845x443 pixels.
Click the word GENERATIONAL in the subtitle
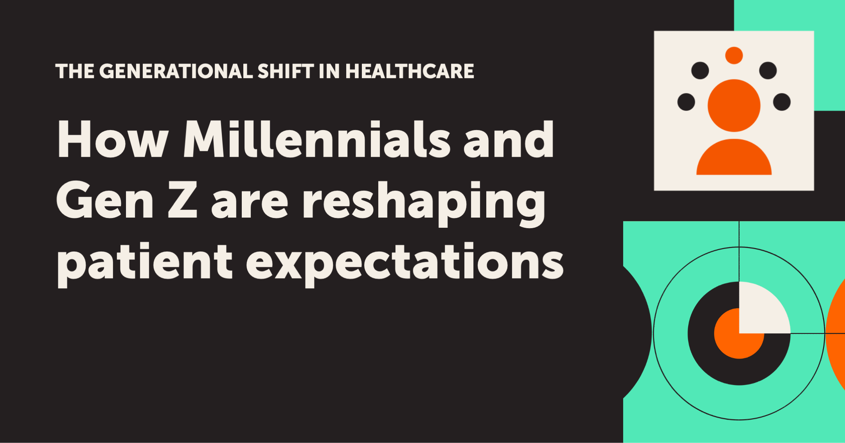pyautogui.click(x=176, y=71)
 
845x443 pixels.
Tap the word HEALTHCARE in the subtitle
pyautogui.click(x=410, y=71)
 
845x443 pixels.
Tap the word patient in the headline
pyautogui.click(x=145, y=263)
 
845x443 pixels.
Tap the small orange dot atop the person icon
pyautogui.click(x=734, y=55)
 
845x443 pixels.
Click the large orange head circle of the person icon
pyautogui.click(x=734, y=105)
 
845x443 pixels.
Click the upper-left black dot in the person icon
pyautogui.click(x=700, y=71)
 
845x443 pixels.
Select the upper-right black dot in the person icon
pyautogui.click(x=768, y=71)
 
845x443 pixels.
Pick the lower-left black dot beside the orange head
pyautogui.click(x=686, y=102)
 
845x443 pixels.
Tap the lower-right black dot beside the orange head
pyautogui.click(x=782, y=102)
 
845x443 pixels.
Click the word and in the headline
pyautogui.click(x=509, y=139)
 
